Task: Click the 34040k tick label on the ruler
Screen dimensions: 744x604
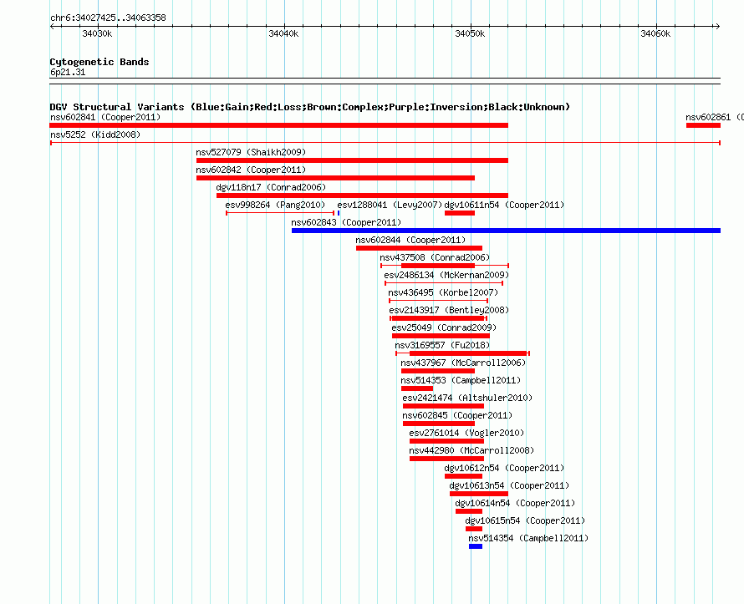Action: (x=283, y=33)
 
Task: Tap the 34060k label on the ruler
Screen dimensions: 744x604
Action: (x=655, y=33)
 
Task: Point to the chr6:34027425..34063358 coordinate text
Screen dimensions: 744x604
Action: (x=108, y=18)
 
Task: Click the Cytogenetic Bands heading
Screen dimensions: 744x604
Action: (x=99, y=62)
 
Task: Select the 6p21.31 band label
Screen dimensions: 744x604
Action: (x=68, y=72)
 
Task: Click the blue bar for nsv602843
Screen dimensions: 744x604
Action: (x=506, y=231)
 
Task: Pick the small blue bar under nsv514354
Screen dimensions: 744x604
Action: (x=476, y=546)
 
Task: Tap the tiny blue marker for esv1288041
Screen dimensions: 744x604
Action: (x=339, y=213)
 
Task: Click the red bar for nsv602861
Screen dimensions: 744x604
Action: (x=703, y=125)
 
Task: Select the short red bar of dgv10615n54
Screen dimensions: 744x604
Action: (x=474, y=529)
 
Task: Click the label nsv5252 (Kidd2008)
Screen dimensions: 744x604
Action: (x=95, y=135)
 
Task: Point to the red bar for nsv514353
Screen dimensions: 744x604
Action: (x=417, y=388)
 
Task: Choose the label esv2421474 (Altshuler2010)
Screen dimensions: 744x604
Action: (x=467, y=398)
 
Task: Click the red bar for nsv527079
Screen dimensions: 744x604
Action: (x=352, y=160)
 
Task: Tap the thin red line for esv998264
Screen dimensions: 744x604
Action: (x=280, y=213)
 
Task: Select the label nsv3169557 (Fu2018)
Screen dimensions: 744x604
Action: (x=442, y=345)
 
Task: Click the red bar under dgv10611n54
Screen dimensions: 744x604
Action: (x=460, y=213)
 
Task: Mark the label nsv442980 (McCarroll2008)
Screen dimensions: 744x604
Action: (x=471, y=450)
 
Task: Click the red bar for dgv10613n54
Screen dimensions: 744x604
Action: (x=479, y=494)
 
